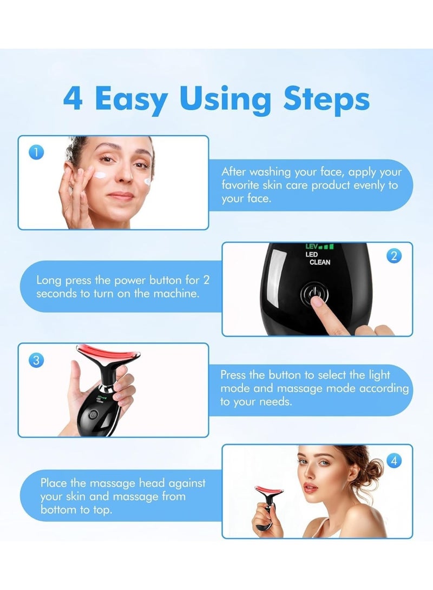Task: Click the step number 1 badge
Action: pyautogui.click(x=35, y=153)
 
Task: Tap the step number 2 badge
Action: pyautogui.click(x=394, y=256)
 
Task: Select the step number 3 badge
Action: pyautogui.click(x=36, y=360)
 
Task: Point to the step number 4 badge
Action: pyautogui.click(x=394, y=461)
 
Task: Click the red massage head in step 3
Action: pyautogui.click(x=106, y=355)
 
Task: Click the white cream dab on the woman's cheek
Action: pyautogui.click(x=102, y=174)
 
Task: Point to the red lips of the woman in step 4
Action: pyautogui.click(x=310, y=488)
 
